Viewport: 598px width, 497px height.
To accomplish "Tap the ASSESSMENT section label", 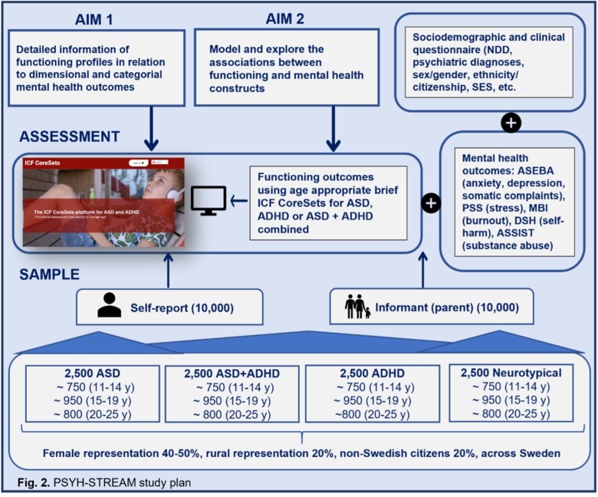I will pyautogui.click(x=70, y=137).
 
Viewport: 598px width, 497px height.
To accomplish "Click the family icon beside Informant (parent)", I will pyautogui.click(x=356, y=306).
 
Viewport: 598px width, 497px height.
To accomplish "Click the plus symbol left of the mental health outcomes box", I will pyautogui.click(x=432, y=202).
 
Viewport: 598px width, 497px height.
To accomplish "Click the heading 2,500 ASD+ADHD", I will pyautogui.click(x=228, y=374).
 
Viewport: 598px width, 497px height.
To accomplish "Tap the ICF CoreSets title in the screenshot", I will pyautogui.click(x=45, y=163).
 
